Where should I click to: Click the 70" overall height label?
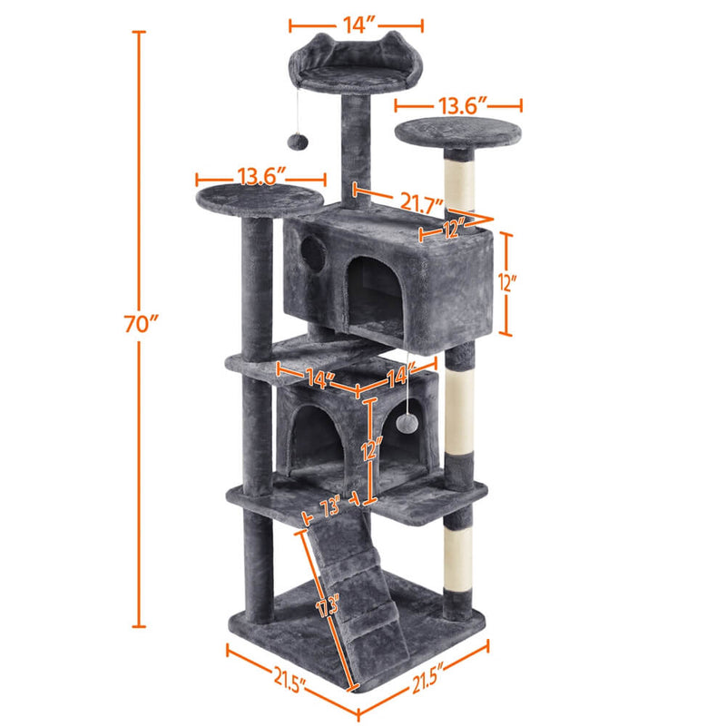[141, 322]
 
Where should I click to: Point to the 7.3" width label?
[329, 508]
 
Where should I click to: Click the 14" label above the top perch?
[356, 26]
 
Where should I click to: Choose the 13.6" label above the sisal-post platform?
[460, 105]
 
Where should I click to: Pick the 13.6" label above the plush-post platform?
[262, 175]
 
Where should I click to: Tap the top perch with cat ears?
[349, 68]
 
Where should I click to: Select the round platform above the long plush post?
[259, 198]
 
